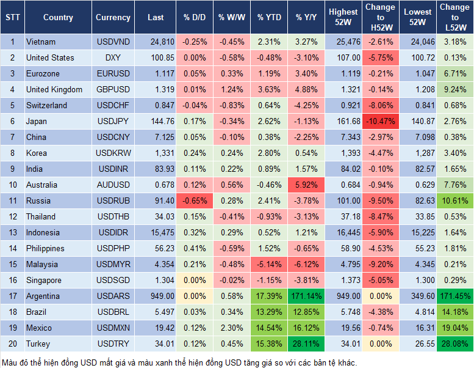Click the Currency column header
113,18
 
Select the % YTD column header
269,18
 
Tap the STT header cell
12,18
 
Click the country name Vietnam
40,42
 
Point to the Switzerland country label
46,105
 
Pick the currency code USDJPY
113,121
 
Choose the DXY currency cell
113,57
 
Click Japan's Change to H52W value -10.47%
381,121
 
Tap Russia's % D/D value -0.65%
195,201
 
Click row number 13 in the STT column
12,232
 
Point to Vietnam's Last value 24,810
156,42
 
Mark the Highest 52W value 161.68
343,121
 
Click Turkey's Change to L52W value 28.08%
454,344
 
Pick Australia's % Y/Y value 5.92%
307,185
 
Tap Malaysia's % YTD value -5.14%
269,264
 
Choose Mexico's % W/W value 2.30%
232,328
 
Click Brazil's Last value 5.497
156,312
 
